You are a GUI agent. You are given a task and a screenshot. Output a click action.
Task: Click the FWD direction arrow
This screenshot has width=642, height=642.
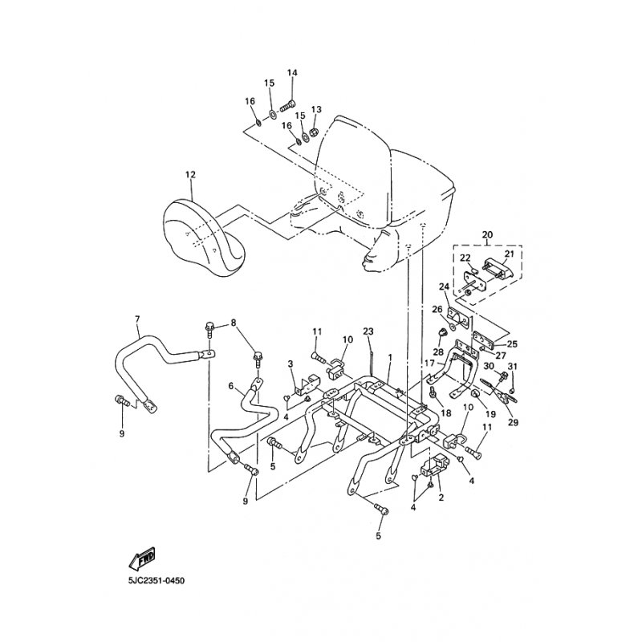pos(142,557)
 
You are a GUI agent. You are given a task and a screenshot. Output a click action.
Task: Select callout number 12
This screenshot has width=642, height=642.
pos(190,175)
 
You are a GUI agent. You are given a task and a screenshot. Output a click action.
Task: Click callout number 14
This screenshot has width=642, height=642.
pos(292,73)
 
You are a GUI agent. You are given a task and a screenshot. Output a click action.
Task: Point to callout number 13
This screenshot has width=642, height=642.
pos(316,109)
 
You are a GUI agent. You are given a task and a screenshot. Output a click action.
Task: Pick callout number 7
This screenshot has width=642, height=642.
pos(137,318)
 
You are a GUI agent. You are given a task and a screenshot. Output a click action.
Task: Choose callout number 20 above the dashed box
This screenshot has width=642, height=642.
pos(488,234)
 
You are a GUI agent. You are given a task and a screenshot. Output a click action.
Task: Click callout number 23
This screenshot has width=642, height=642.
pos(368,331)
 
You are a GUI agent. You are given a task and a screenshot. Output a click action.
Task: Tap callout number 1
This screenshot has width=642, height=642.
pos(390,357)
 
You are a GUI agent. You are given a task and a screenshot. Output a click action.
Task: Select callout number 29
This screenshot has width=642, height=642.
pos(513,422)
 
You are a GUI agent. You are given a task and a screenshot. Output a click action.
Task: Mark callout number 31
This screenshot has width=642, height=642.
pos(513,366)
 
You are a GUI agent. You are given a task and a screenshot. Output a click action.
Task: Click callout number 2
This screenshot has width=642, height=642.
pos(441,498)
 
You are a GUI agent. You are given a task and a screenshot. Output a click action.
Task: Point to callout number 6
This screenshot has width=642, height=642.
pos(231,386)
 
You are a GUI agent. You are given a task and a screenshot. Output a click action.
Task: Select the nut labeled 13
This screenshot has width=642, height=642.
pos(314,132)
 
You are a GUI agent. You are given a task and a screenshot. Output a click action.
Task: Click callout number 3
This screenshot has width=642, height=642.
pos(291,364)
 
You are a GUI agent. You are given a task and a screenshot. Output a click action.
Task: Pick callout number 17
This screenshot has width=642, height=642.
pos(429,363)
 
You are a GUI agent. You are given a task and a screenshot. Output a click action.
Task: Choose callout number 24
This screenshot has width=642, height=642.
pos(445,286)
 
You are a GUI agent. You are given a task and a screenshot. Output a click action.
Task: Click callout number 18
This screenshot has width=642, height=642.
pos(446,413)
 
